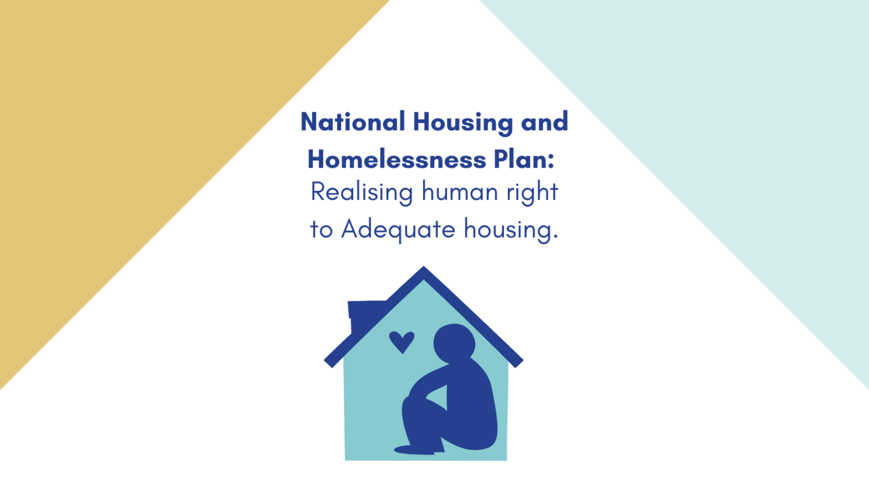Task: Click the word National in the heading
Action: (352, 122)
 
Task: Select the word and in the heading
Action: (544, 122)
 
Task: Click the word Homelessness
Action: (397, 160)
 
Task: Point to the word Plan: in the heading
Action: (524, 160)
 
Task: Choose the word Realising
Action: (362, 192)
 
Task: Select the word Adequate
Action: (398, 230)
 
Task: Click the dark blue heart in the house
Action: (402, 341)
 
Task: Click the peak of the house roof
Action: (424, 271)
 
